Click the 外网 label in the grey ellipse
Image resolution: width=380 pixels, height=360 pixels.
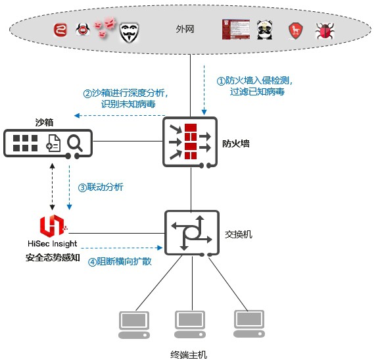tap(185, 29)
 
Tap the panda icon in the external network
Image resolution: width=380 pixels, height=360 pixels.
tap(264, 30)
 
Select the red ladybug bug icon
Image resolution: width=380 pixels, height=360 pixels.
tap(325, 31)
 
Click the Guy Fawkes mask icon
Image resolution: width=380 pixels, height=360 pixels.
tap(130, 33)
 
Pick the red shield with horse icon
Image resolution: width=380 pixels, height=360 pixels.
tap(295, 31)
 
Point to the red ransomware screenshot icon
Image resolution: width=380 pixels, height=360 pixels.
tap(236, 30)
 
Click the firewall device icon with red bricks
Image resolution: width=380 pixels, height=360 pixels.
tap(190, 142)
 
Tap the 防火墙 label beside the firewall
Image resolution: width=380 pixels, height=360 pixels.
tap(236, 143)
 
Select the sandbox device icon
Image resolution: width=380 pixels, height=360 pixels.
tap(48, 143)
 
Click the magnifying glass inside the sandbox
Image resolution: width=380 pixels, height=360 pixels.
tap(75, 143)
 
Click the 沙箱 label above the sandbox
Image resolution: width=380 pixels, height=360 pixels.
tap(44, 122)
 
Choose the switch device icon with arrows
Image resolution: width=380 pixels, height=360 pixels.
tap(192, 233)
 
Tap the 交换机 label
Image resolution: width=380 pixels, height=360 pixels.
tap(239, 234)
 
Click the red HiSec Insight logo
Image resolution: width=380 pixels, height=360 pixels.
tap(53, 226)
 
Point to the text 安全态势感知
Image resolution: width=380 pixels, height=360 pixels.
tap(53, 257)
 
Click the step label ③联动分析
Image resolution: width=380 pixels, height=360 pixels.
tap(101, 188)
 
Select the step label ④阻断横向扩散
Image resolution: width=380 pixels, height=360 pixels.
tap(120, 261)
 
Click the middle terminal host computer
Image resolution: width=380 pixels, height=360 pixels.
tap(190, 324)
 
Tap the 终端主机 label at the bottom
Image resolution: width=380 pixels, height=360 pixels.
tap(189, 355)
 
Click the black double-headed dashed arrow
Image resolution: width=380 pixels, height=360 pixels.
tap(52, 186)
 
